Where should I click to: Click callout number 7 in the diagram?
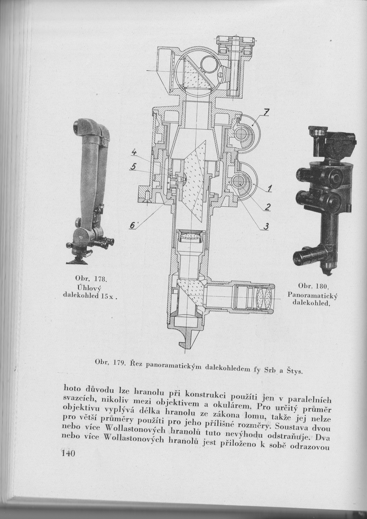266,113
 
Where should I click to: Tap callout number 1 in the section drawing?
270,189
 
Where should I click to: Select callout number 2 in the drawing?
267,207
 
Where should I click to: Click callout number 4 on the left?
133,153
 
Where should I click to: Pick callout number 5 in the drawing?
132,167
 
